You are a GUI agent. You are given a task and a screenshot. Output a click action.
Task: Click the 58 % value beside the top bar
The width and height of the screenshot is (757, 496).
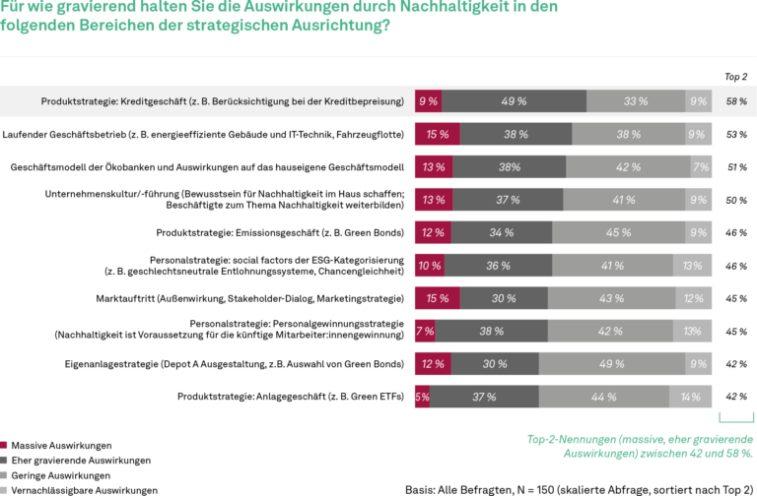click(735, 101)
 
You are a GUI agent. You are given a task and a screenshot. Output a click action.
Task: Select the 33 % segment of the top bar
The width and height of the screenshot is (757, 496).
click(636, 101)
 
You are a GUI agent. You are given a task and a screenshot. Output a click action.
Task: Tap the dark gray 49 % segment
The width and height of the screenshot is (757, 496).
click(514, 101)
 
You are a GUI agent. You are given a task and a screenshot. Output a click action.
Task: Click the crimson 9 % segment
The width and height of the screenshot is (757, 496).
click(428, 101)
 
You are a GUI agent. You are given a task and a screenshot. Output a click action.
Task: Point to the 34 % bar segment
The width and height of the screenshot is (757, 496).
click(502, 233)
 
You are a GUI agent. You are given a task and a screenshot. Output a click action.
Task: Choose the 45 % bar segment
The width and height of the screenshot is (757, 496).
click(619, 233)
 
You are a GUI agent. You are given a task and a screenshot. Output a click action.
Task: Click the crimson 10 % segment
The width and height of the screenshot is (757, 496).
click(429, 266)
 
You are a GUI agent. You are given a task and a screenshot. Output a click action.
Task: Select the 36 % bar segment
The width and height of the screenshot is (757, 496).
click(498, 266)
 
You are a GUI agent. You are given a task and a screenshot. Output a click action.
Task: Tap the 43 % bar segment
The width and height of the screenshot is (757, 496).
click(611, 299)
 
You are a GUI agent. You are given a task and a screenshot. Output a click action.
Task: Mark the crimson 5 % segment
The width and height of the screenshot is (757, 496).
click(422, 398)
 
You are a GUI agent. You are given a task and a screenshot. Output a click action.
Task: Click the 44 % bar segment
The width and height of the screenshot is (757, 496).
click(604, 398)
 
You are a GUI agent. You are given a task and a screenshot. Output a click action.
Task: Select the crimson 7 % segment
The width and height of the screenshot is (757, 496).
click(425, 332)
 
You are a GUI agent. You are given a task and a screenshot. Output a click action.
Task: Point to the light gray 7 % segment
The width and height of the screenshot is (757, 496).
click(701, 167)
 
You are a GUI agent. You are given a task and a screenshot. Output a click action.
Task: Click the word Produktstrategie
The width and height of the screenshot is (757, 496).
click(76, 101)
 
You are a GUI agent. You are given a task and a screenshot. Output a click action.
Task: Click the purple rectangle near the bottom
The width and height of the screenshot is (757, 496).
click(588, 464)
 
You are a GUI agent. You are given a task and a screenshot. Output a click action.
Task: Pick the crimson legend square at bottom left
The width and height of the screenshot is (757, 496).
click(6, 448)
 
